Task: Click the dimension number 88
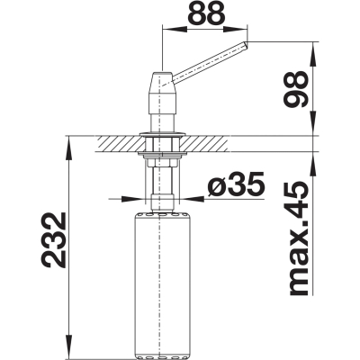pyautogui.click(x=206, y=13)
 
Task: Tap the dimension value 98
pyautogui.click(x=295, y=89)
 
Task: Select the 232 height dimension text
pyautogui.click(x=54, y=240)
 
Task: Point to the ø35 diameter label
pyautogui.click(x=237, y=183)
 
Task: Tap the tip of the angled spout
pyautogui.click(x=247, y=44)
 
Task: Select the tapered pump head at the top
pyautogui.click(x=162, y=92)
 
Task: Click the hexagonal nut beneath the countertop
pyautogui.click(x=162, y=163)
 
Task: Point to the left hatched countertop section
pyautogui.click(x=118, y=144)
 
